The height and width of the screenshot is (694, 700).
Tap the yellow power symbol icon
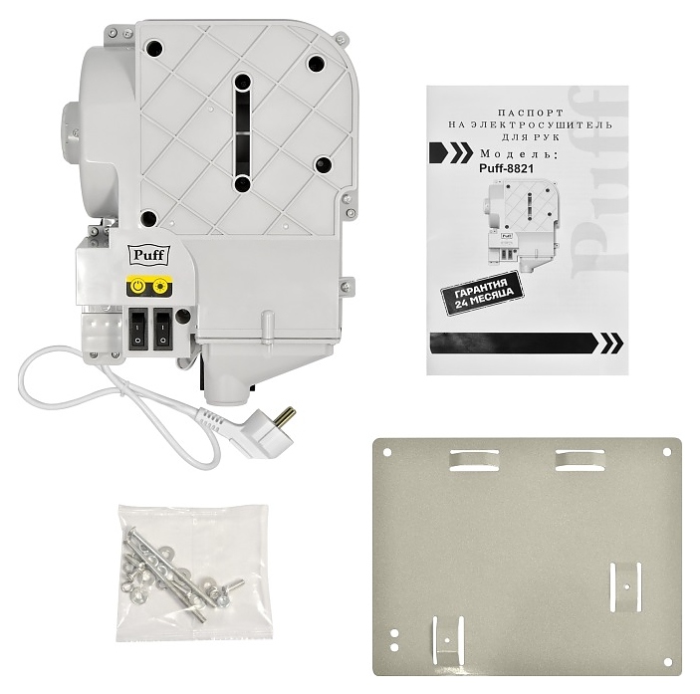[x=138, y=286]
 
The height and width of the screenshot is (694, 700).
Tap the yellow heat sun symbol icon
[x=160, y=286]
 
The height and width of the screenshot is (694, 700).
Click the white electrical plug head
[x=259, y=432]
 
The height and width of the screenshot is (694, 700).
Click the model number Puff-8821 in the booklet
[x=506, y=169]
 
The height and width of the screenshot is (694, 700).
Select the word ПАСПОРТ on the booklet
[x=531, y=113]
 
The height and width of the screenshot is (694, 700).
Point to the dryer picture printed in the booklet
[x=521, y=226]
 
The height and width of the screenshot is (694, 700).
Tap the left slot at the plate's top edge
[x=474, y=460]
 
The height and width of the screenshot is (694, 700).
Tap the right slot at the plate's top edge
[x=580, y=460]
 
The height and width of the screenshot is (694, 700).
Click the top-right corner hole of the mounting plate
[x=666, y=453]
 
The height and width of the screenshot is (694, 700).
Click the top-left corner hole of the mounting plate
[x=387, y=453]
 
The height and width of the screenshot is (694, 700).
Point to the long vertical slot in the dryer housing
[x=242, y=133]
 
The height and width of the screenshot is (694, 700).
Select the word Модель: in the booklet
[x=519, y=154]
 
